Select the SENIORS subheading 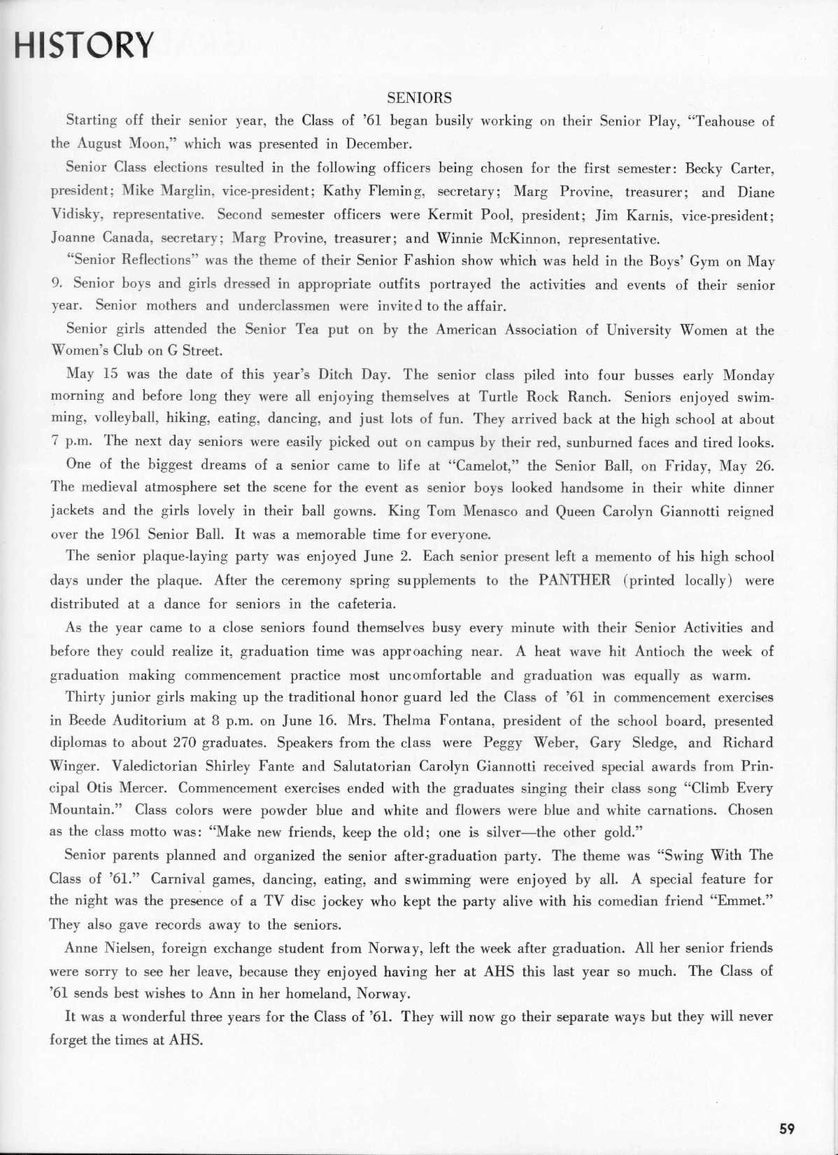click(420, 98)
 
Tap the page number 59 click(787, 1128)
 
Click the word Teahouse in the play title click(728, 122)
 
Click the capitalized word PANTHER click(574, 580)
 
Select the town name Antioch click(660, 651)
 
